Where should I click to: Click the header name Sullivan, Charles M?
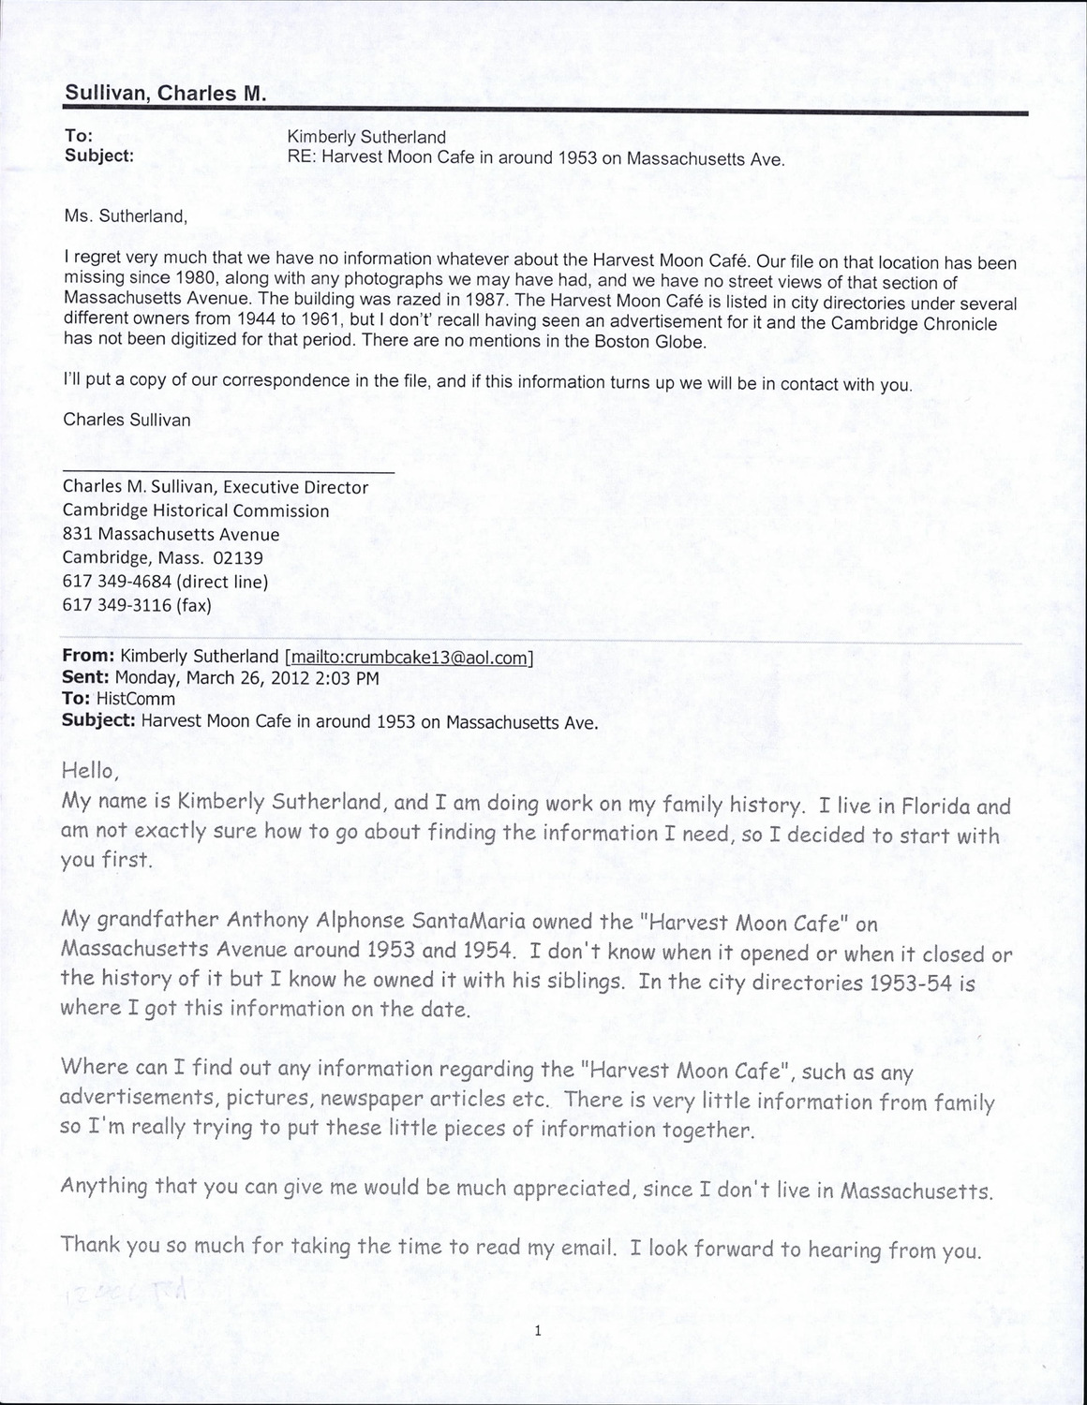click(165, 95)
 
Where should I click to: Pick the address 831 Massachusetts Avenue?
click(171, 535)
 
